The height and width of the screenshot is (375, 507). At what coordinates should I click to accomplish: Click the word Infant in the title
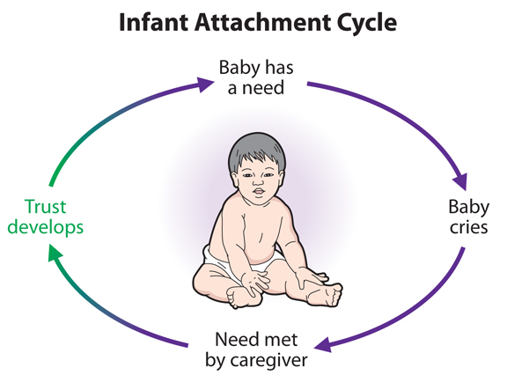pos(153,23)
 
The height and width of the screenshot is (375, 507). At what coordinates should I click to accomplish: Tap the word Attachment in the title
pos(262,23)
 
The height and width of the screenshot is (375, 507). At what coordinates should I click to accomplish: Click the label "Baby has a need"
pos(256,77)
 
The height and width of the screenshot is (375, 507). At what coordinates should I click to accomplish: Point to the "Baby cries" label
pos(469,217)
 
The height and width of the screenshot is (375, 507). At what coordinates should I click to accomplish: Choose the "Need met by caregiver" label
pos(256,350)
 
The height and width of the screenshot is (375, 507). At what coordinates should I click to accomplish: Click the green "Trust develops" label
pos(45,217)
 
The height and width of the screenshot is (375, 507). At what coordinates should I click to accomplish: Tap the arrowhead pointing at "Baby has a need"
pos(205,85)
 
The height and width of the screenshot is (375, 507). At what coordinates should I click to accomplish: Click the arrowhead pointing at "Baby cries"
pos(460,181)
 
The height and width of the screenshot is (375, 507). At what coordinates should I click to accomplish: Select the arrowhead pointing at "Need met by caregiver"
pos(323,345)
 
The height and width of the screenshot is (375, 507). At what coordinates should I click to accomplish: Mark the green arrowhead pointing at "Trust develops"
pos(54,253)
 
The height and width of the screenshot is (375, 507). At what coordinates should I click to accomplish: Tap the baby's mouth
pos(259,191)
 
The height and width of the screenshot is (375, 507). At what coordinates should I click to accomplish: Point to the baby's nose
pos(258,182)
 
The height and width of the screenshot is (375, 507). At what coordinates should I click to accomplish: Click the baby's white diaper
pos(246,259)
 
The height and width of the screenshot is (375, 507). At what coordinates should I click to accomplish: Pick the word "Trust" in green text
pos(45,207)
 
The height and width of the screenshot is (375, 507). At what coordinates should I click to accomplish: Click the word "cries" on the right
pos(469,227)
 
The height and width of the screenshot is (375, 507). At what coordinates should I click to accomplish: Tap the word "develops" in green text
pos(45,228)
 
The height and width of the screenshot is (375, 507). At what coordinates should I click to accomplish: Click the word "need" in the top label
pos(263,88)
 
